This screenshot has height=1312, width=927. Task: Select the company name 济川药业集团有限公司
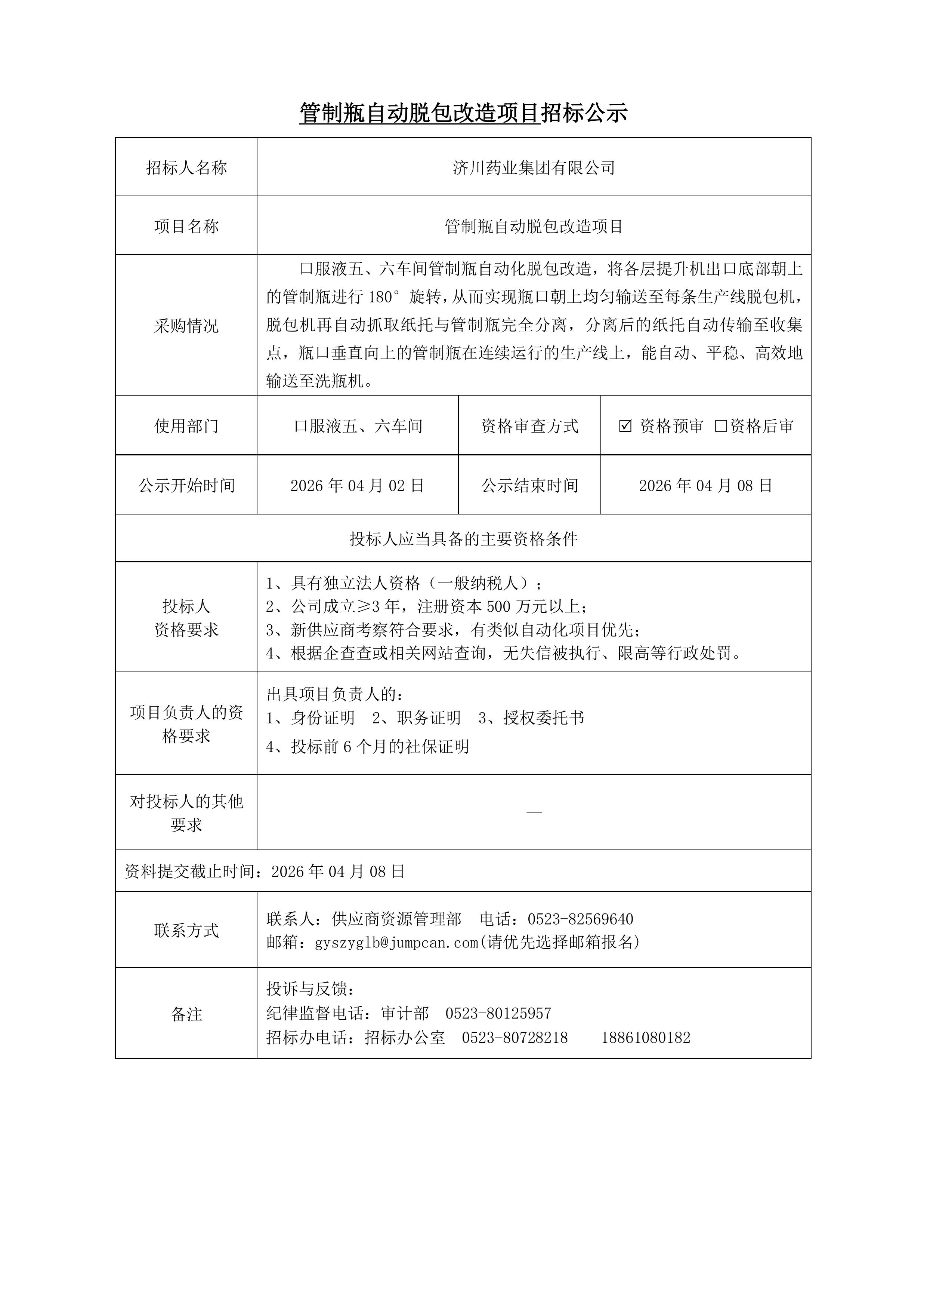[534, 168]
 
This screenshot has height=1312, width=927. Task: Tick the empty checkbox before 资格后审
[721, 426]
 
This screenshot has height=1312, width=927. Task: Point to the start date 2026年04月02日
[357, 486]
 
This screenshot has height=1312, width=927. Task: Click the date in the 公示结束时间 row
[705, 486]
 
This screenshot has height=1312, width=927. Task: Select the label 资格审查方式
[529, 426]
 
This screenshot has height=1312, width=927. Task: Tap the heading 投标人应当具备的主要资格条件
[463, 538]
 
